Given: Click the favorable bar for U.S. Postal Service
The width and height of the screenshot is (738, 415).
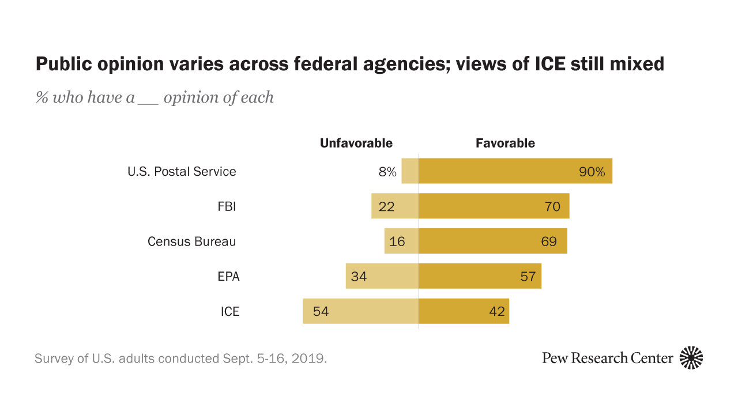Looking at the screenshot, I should click(515, 171).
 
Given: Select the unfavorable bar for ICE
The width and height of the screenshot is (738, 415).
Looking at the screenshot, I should click(360, 311).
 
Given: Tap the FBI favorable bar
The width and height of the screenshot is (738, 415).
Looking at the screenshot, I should click(494, 206).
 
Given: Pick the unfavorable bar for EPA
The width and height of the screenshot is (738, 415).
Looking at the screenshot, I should click(382, 276).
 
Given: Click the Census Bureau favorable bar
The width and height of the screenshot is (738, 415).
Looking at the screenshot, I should click(492, 241).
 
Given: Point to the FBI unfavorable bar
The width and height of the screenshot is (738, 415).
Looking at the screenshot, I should click(395, 206).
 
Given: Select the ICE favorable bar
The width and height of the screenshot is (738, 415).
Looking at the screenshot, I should click(464, 311).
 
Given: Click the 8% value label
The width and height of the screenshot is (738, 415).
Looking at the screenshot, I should click(387, 172).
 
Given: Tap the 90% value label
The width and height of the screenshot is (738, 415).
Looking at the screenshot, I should click(592, 172).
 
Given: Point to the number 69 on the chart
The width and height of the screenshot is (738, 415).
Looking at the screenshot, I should click(549, 242).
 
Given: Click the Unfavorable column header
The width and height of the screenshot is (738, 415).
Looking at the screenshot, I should click(356, 143).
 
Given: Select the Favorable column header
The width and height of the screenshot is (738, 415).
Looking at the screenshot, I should click(505, 143).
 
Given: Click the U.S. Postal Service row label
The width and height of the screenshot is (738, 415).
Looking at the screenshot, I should click(182, 172).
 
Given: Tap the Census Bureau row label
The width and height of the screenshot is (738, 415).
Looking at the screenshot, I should click(191, 242).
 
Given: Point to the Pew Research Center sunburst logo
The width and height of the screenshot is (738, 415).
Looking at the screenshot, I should click(691, 358).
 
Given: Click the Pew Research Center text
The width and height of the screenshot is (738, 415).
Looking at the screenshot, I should click(607, 358).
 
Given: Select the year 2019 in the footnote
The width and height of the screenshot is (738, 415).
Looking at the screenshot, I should click(312, 359).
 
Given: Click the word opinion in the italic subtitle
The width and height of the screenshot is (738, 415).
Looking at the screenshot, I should click(189, 97).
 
